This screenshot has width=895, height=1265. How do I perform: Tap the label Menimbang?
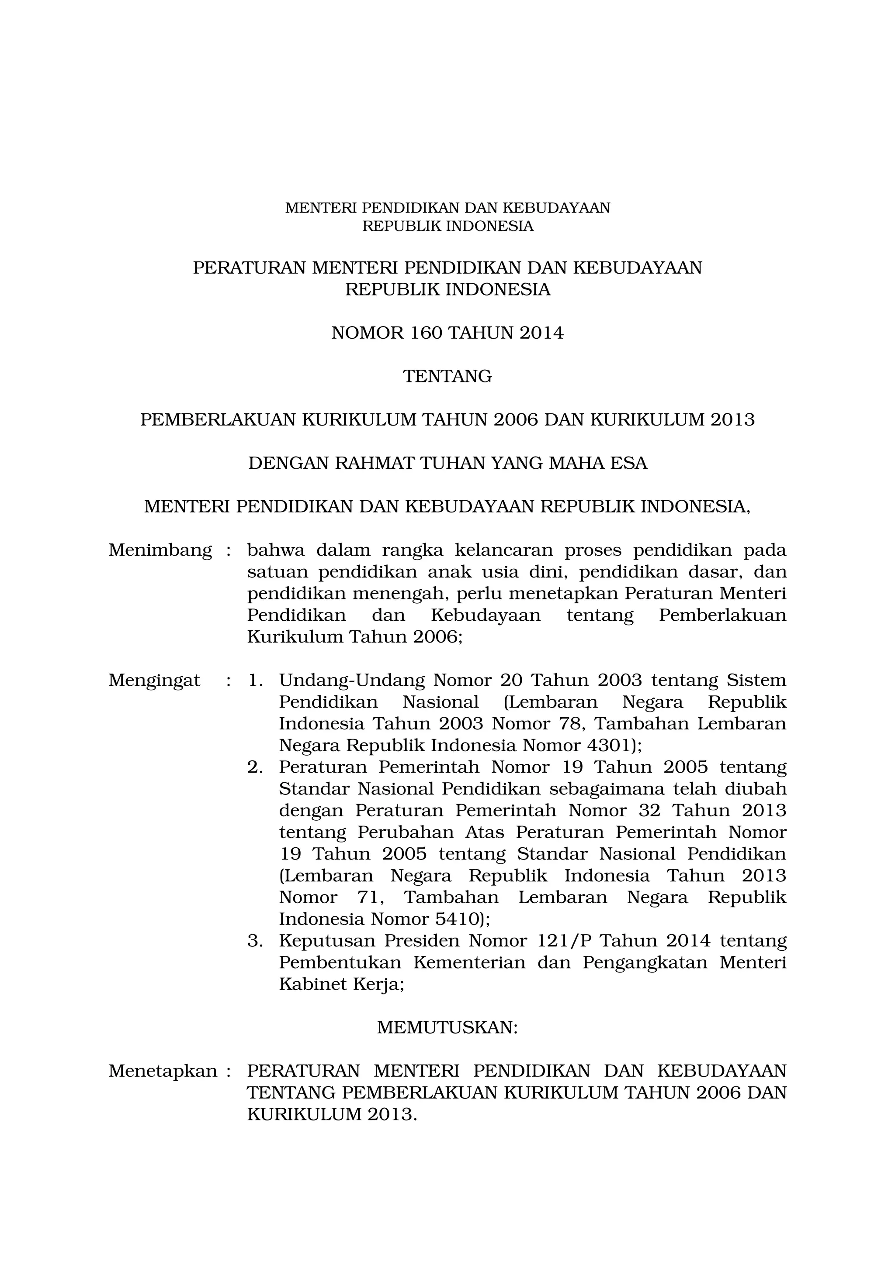160,550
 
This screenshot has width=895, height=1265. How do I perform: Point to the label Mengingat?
154,681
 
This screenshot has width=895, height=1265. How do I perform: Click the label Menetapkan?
163,1071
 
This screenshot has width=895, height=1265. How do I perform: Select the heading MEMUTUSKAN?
447,1028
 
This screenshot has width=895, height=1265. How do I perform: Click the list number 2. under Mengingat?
255,767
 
